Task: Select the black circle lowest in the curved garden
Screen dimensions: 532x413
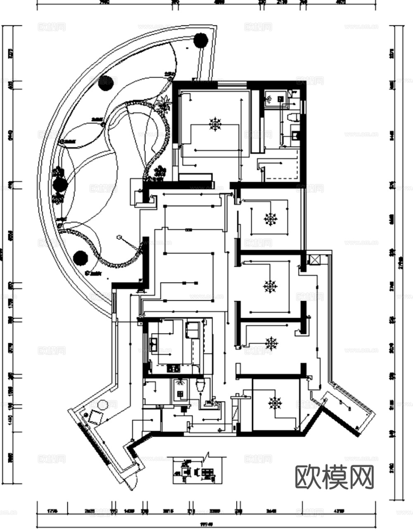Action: point(80,258)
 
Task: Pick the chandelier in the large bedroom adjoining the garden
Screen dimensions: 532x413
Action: point(215,123)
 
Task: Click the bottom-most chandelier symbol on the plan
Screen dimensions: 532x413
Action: point(274,402)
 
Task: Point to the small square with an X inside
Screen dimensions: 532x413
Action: point(314,260)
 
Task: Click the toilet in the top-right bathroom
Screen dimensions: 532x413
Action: point(293,117)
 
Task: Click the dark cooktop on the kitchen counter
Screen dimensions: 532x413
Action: point(173,368)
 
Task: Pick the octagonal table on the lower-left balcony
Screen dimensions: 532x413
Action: point(102,405)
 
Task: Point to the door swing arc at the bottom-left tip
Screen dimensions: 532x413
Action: point(132,481)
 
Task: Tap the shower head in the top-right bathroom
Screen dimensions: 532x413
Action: point(269,99)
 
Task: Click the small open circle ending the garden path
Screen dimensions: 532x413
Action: point(119,237)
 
